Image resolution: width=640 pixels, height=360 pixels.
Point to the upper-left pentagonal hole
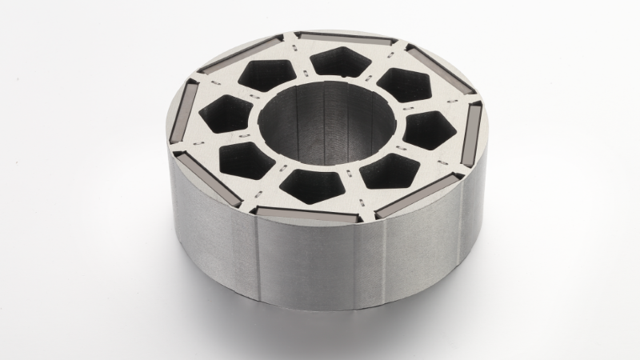click(265, 75)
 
